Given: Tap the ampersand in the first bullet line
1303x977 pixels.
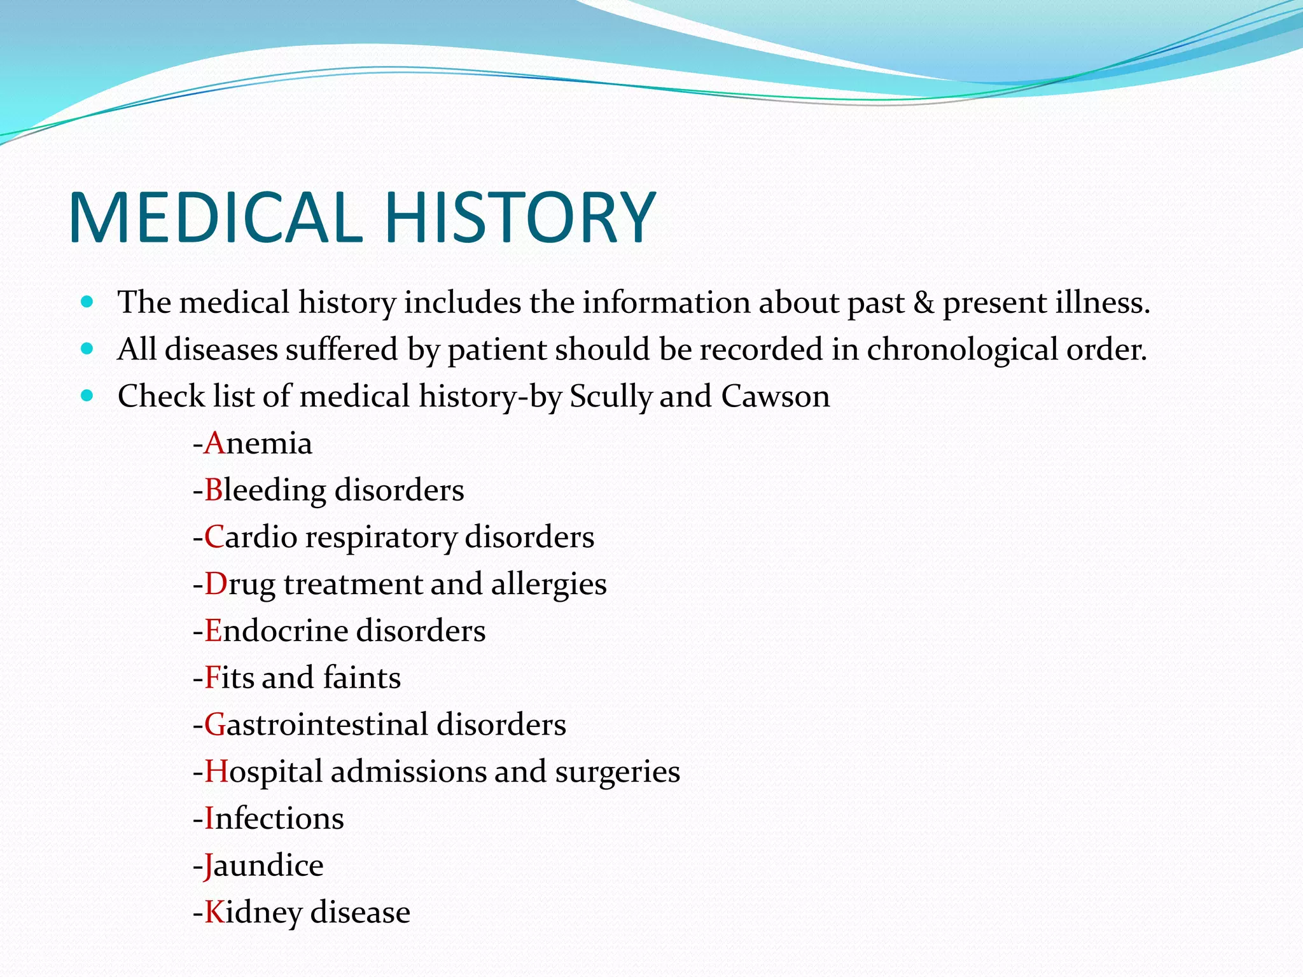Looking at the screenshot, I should pos(923,303).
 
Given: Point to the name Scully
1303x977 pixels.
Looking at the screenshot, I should pos(611,397).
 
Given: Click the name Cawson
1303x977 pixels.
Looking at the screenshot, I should pos(775,397).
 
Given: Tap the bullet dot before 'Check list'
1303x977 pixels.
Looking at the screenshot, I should pos(88,396).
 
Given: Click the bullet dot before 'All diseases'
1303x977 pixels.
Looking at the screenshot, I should pos(88,349).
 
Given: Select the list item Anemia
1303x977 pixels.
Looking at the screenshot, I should pos(258,443).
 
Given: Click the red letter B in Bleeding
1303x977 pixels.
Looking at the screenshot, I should pos(213,490).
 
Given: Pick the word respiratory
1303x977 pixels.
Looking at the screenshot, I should pos(381,537).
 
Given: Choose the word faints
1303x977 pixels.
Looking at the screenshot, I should pos(361,678).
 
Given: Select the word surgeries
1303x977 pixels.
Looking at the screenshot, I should pos(617,772).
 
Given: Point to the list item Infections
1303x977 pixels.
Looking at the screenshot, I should pos(274,819).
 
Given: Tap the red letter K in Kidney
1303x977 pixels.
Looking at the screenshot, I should pos(214,913).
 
